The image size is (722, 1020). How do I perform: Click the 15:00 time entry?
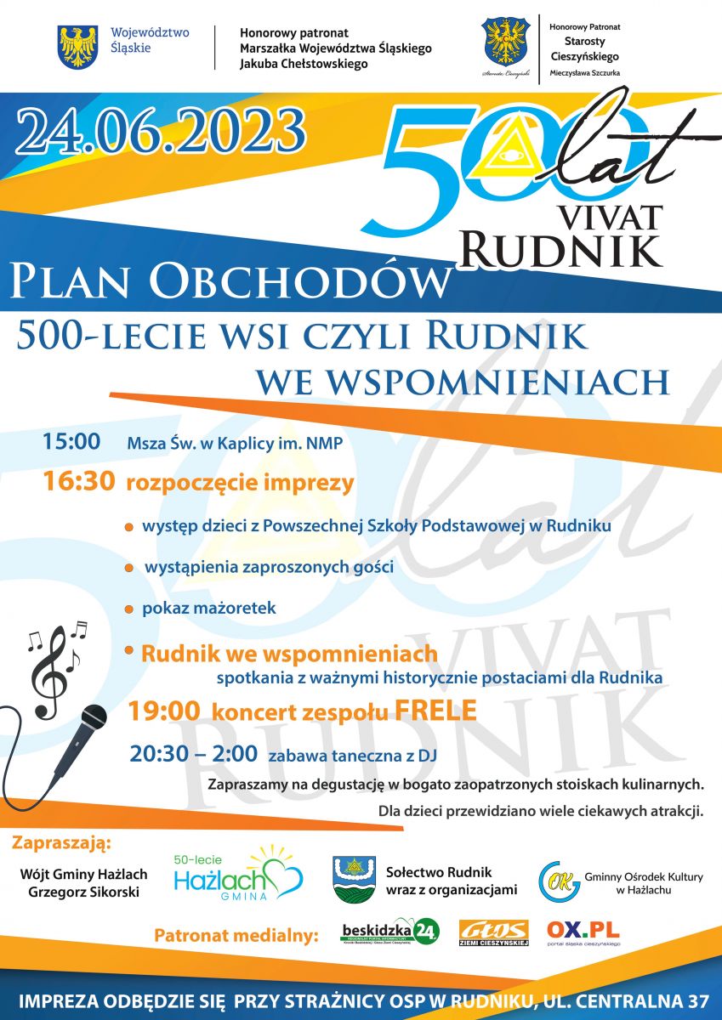point(71,442)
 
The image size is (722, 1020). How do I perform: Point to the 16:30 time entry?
point(79,483)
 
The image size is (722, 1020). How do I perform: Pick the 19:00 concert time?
point(164,711)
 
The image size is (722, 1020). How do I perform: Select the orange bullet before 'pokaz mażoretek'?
point(128,610)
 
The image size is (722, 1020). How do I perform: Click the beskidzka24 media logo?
point(389,932)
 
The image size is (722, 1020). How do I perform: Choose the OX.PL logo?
point(583,931)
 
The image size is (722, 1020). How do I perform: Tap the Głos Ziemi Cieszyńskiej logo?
point(494,932)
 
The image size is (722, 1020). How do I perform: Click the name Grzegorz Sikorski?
point(83,891)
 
